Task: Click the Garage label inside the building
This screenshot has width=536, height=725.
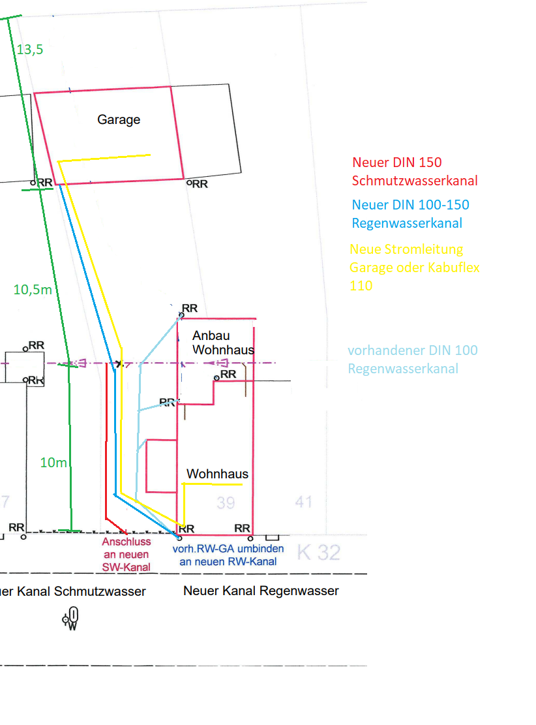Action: click(x=119, y=119)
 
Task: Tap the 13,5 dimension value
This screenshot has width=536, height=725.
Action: click(x=30, y=49)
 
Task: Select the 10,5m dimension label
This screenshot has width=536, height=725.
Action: click(x=33, y=290)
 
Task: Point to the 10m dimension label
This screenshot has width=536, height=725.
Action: click(x=53, y=463)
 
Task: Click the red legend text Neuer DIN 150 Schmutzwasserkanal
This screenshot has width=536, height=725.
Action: click(x=415, y=172)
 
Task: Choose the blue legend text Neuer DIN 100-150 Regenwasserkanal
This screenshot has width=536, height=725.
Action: click(x=410, y=214)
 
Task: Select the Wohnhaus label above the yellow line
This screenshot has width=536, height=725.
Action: click(x=217, y=474)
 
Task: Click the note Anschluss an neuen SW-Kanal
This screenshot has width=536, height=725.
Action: click(x=127, y=554)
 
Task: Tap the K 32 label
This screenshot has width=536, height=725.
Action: click(x=319, y=553)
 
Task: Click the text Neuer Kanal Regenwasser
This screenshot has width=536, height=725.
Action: click(x=261, y=591)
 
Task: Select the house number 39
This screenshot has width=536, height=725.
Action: click(x=226, y=502)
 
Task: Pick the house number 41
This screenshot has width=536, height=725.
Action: click(x=304, y=502)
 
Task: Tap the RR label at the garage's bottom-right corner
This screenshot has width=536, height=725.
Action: click(x=198, y=184)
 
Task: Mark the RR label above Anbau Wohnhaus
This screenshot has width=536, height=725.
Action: click(x=189, y=308)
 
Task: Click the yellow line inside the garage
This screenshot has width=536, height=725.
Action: click(x=104, y=157)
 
